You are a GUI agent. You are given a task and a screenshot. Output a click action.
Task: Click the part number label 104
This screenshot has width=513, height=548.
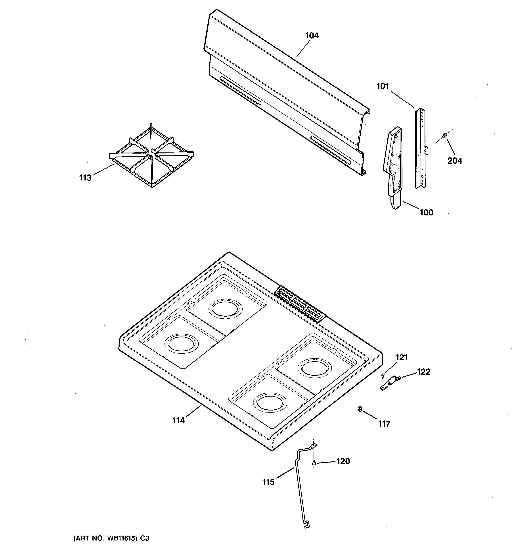(x=312, y=36)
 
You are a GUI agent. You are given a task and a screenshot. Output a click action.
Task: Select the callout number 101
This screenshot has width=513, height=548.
(x=383, y=86)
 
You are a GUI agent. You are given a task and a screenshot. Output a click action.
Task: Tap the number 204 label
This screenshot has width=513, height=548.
(x=455, y=161)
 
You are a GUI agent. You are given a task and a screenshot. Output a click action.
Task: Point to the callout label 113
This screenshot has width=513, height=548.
(x=85, y=178)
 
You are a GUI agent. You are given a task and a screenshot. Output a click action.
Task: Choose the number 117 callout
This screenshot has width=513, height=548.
(x=384, y=424)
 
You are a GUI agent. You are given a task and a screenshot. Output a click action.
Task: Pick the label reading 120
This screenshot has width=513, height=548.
(x=343, y=461)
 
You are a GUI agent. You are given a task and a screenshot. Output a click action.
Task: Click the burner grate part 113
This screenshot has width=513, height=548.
(x=151, y=156)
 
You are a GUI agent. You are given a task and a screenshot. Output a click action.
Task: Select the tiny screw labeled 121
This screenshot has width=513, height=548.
(x=383, y=375)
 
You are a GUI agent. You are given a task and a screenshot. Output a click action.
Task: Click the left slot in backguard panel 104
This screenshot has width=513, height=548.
(x=240, y=91)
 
